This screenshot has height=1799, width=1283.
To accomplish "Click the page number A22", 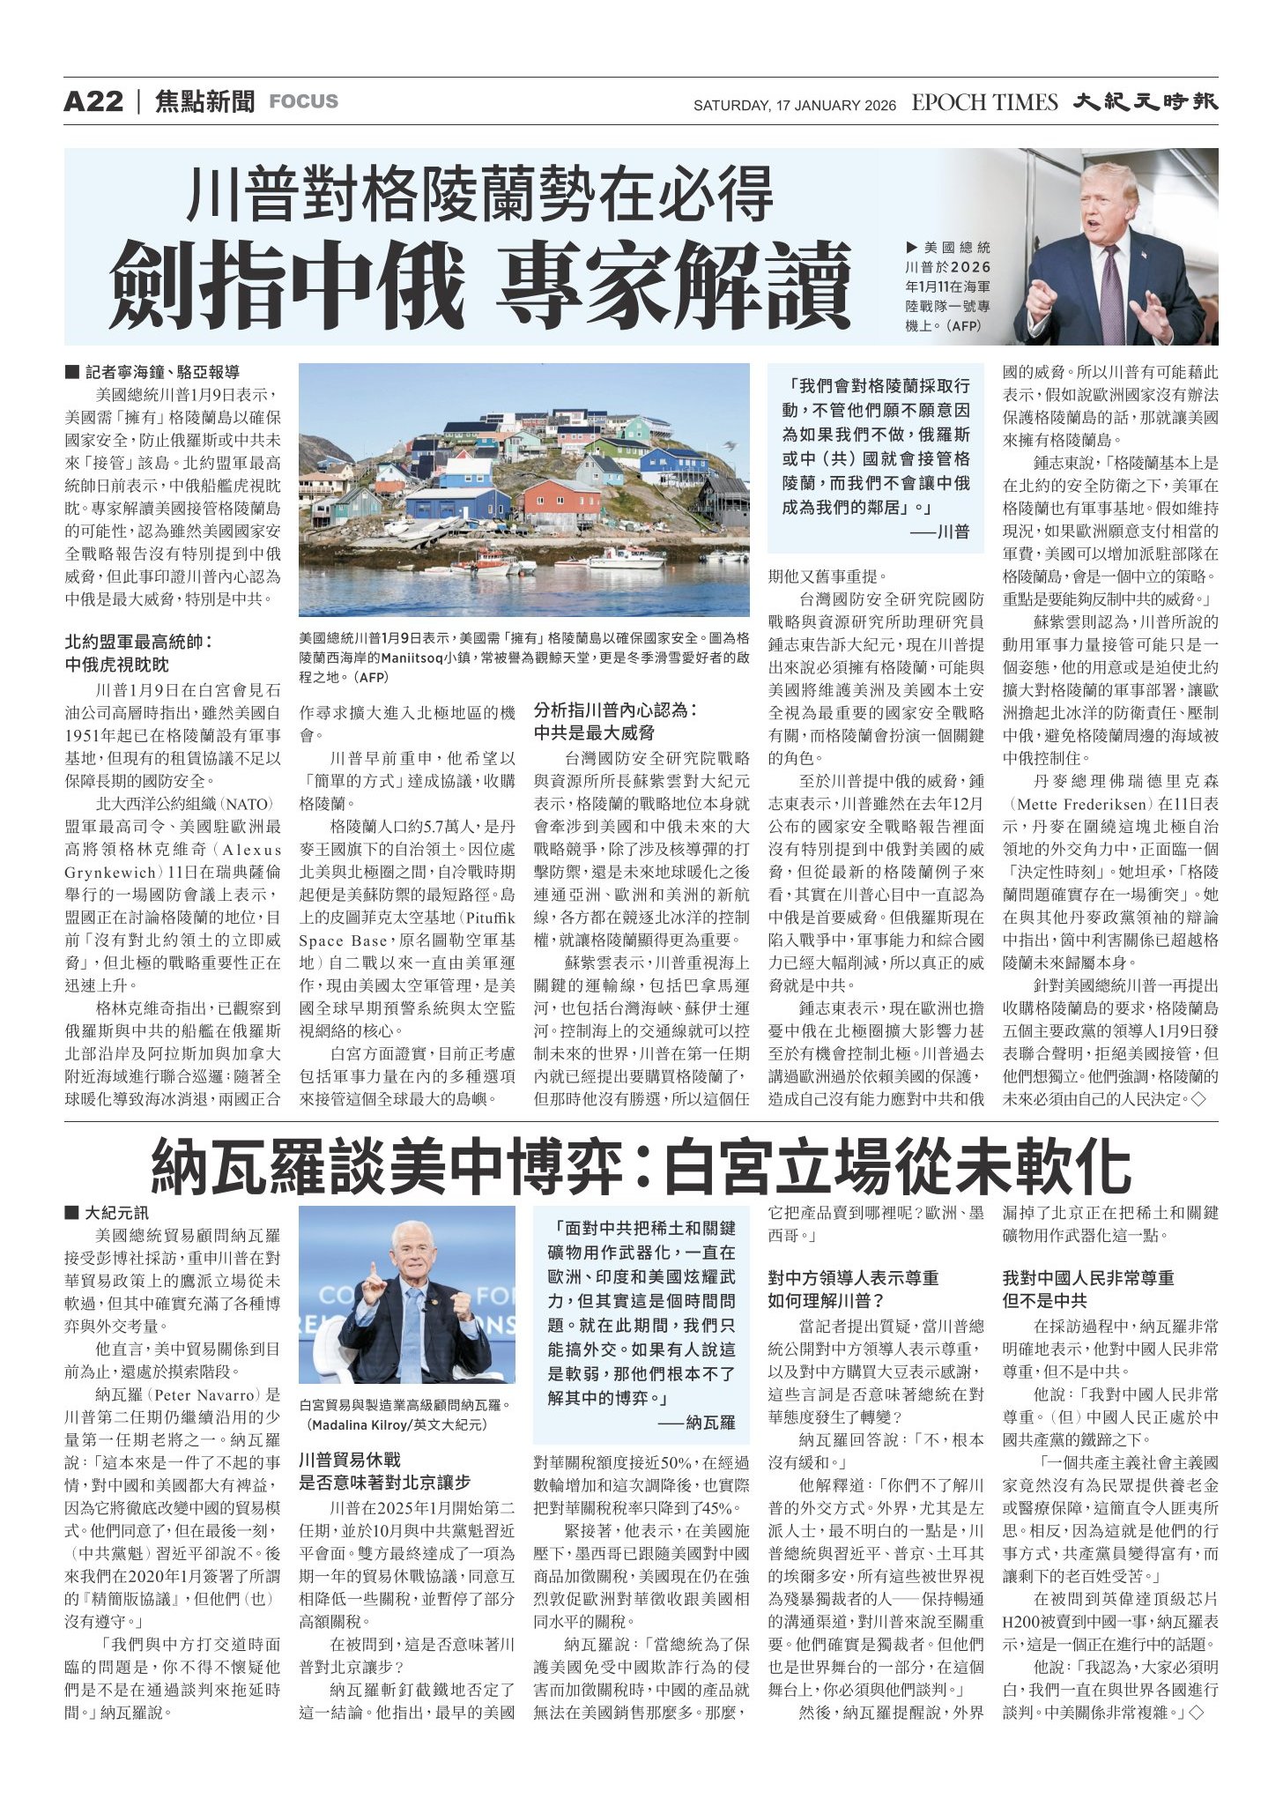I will (93, 101).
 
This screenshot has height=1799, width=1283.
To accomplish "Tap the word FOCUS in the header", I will (303, 101).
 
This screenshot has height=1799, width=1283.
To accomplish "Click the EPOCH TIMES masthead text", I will (984, 103).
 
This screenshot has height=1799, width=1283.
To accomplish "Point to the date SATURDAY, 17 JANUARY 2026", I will (794, 106).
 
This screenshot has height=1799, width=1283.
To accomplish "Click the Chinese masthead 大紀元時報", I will (1145, 102).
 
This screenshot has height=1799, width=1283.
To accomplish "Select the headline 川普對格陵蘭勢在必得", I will (480, 196).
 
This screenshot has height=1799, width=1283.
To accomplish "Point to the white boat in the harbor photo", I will (627, 557).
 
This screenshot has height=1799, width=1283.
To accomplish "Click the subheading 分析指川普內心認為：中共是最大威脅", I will (615, 721).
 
